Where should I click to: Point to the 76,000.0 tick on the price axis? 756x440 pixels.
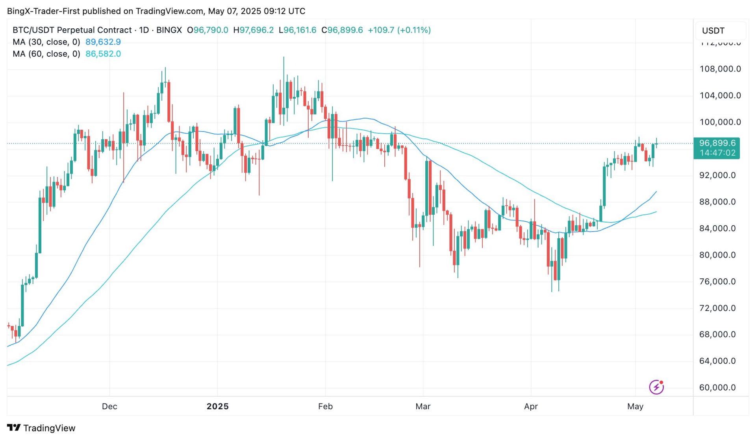(x=717, y=282)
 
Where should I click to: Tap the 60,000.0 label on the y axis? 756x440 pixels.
(x=717, y=388)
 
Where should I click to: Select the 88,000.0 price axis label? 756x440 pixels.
(x=717, y=202)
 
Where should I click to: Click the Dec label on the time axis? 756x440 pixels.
(x=109, y=407)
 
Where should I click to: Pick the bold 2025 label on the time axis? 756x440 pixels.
(x=217, y=407)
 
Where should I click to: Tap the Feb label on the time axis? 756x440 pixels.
(x=325, y=407)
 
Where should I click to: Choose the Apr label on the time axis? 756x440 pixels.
(x=531, y=407)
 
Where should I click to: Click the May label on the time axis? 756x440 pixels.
(x=635, y=407)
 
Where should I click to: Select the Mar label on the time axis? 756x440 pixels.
(x=423, y=407)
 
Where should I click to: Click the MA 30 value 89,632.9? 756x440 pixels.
(x=103, y=42)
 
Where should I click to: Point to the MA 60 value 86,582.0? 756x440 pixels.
(x=103, y=54)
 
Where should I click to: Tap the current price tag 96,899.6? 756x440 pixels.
(x=717, y=144)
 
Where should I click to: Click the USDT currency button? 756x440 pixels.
(x=713, y=31)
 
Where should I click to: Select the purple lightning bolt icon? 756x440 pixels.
(x=656, y=387)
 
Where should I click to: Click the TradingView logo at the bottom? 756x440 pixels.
(x=41, y=428)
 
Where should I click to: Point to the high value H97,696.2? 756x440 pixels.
(x=253, y=30)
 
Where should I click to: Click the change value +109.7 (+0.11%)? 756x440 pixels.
(x=399, y=30)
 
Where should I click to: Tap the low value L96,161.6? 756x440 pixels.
(x=297, y=30)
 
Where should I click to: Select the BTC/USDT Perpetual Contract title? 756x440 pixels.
(x=72, y=30)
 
